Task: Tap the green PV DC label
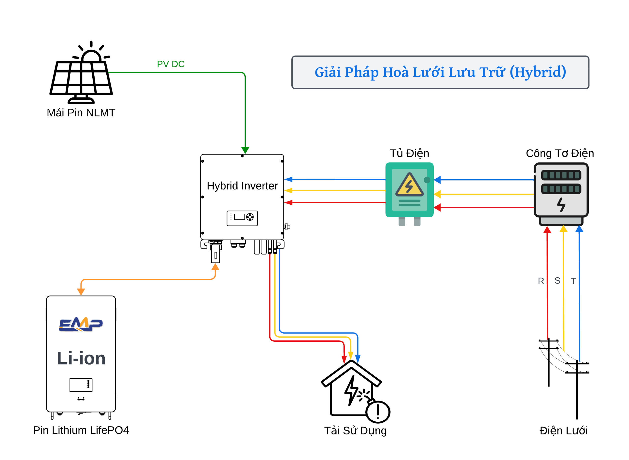(x=171, y=64)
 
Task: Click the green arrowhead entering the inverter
(x=245, y=150)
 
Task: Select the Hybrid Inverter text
(x=242, y=186)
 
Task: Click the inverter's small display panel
(x=242, y=218)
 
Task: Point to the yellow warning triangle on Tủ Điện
(x=409, y=186)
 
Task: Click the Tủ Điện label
(x=409, y=153)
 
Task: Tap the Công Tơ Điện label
(x=560, y=153)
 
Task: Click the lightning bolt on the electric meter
(x=561, y=205)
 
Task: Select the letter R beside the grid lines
(x=541, y=281)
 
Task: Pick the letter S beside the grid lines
(x=557, y=281)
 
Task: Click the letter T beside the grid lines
(x=573, y=281)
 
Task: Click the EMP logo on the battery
(x=81, y=324)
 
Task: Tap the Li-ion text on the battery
(x=81, y=358)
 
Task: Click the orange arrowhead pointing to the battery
(x=81, y=292)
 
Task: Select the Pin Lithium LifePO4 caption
(x=81, y=430)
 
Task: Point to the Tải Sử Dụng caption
(x=355, y=431)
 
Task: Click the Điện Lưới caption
(x=563, y=431)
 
